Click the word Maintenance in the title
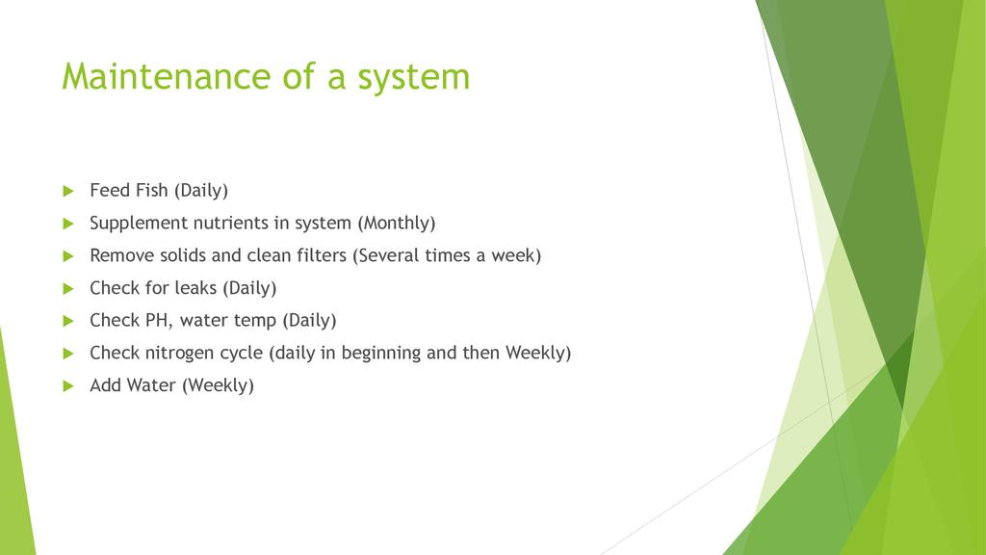pos(167,76)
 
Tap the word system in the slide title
pos(414,79)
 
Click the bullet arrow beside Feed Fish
pos(68,192)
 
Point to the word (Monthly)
pos(396,224)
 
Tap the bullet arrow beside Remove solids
pos(68,256)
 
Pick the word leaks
pos(195,287)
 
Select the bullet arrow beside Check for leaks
pos(68,289)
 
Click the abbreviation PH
pos(159,320)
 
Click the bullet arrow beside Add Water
pos(68,386)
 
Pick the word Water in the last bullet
pos(153,385)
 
